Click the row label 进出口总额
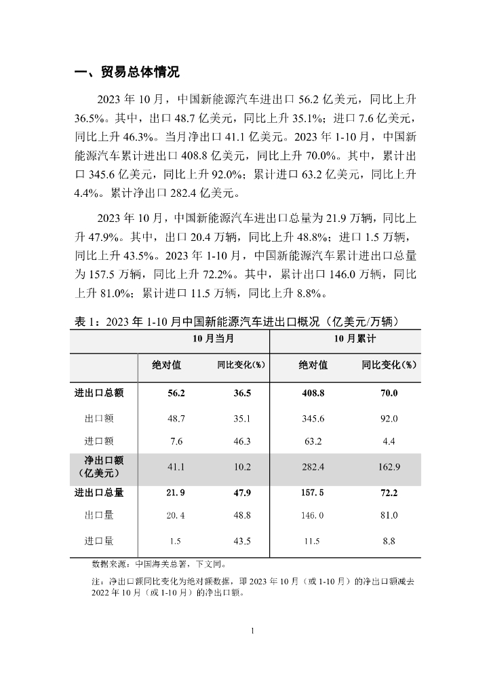99,392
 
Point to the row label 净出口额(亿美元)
99,466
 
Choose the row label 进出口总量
99,493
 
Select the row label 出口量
99,516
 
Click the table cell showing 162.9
389,467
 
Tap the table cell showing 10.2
242,467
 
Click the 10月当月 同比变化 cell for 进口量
242,541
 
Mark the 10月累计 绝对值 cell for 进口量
313,541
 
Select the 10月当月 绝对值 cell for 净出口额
176,467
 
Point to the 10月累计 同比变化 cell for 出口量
389,516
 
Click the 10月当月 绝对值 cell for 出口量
176,516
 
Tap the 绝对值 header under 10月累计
313,365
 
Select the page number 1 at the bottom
252,631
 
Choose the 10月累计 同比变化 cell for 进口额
389,442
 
